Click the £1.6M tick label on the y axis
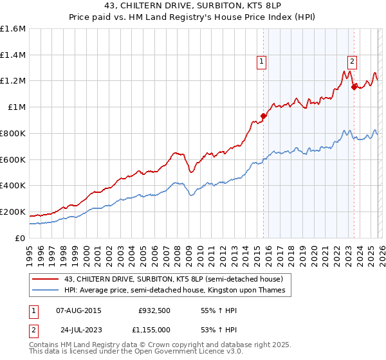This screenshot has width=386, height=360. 13,29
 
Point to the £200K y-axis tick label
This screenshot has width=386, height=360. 13,212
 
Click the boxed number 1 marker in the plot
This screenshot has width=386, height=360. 262,62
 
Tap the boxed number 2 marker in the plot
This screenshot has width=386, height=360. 353,62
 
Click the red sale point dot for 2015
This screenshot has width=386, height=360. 263,116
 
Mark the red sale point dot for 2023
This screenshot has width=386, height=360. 353,87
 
